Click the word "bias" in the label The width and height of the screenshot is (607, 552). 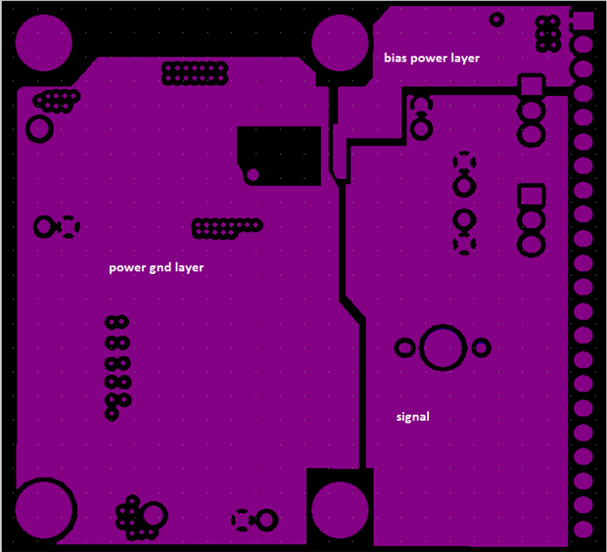tap(395, 59)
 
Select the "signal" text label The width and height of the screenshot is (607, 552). tap(413, 417)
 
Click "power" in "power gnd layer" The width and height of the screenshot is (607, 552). tap(127, 267)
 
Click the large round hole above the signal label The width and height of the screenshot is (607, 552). tap(444, 347)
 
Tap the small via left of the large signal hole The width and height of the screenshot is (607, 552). tap(403, 347)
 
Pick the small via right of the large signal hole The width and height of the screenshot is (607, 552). tap(481, 347)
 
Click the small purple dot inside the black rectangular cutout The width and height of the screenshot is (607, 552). tap(253, 175)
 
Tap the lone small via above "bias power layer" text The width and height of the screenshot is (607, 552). tap(496, 19)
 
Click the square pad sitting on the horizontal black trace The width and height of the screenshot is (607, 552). tap(531, 87)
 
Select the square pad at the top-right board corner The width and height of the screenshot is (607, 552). tap(582, 21)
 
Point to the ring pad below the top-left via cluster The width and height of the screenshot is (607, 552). tap(40, 128)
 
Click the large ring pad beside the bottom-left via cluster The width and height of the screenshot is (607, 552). tap(152, 516)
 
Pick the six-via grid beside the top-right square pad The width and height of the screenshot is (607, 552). tap(548, 33)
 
